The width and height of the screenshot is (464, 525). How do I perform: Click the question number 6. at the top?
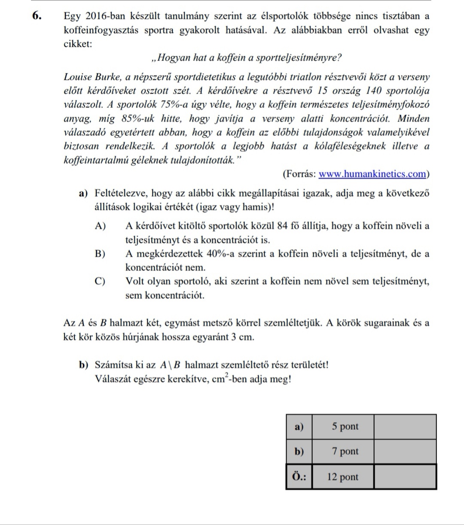(x=37, y=16)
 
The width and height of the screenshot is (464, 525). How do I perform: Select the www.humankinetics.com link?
(x=373, y=174)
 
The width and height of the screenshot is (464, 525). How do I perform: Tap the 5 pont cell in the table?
(x=345, y=426)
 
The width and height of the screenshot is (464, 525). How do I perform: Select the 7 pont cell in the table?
(x=345, y=451)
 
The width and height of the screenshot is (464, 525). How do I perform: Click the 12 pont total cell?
(x=342, y=477)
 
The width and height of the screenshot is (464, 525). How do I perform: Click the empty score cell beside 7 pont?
(x=405, y=451)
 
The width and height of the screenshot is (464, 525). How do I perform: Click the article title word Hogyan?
(x=177, y=57)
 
